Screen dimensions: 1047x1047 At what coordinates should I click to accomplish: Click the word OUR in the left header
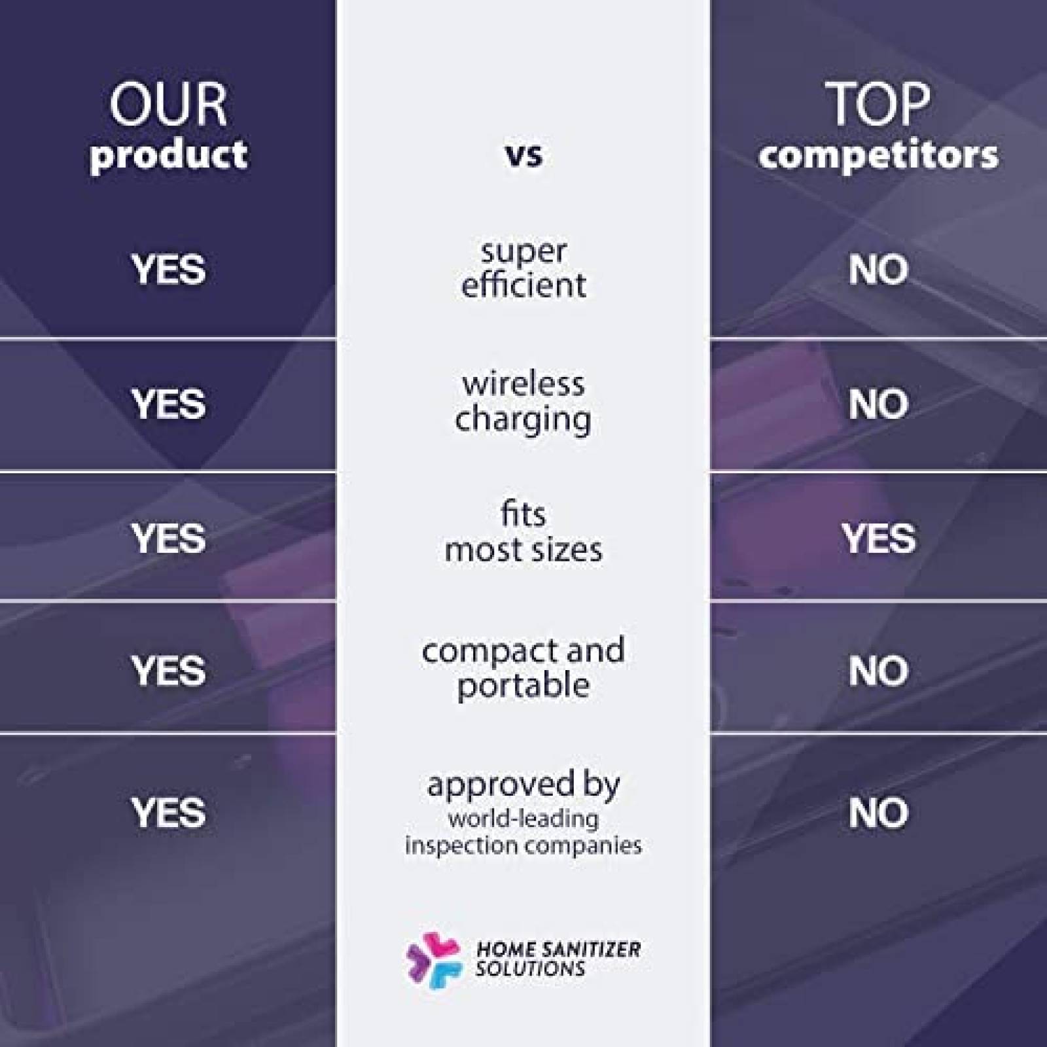tap(168, 105)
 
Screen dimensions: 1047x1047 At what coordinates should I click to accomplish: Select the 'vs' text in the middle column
tap(523, 155)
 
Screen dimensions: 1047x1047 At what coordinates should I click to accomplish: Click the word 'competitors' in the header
tap(878, 155)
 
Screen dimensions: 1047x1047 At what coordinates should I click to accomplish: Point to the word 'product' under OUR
tap(168, 156)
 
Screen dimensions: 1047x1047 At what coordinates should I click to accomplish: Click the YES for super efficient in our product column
tap(168, 270)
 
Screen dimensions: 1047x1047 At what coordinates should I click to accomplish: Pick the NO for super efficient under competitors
tap(878, 270)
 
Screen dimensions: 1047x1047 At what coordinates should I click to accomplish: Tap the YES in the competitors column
tap(878, 539)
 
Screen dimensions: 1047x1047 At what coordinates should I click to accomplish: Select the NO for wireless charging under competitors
tap(878, 404)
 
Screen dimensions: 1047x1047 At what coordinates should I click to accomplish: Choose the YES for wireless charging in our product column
tap(168, 404)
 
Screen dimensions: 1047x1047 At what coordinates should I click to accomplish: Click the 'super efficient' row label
tap(523, 268)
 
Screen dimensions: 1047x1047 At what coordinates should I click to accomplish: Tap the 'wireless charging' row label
tap(523, 402)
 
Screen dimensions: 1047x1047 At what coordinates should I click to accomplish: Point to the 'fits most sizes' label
tap(523, 532)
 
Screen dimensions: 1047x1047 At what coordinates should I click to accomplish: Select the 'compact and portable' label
tap(523, 668)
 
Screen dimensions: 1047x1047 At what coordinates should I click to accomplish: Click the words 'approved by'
tap(523, 785)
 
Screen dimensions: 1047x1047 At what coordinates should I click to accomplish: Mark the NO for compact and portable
tap(878, 671)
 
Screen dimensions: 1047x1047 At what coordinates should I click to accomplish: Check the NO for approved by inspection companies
tap(878, 813)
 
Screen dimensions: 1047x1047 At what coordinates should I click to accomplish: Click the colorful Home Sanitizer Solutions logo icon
tap(434, 960)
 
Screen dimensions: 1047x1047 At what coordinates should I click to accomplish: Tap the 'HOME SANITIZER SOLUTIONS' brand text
tap(558, 959)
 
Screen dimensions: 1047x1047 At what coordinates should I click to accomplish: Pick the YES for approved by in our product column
tap(168, 813)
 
